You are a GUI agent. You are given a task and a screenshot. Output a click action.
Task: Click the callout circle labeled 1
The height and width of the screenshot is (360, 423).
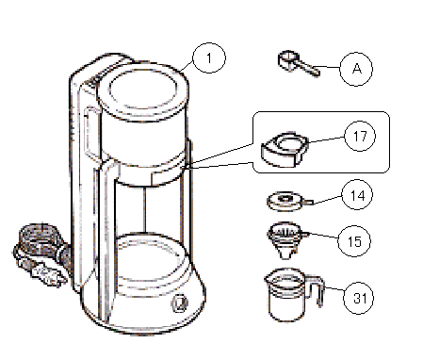pos(209,58)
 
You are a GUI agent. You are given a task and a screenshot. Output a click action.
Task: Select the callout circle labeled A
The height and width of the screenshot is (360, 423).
pos(356,69)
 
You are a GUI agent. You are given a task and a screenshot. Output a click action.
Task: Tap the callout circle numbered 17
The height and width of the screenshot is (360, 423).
pos(360,136)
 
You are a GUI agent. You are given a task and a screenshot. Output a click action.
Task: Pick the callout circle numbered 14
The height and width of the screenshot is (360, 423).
pos(357,195)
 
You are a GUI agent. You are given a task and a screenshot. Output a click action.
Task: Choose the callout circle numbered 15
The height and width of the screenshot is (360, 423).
pos(354,241)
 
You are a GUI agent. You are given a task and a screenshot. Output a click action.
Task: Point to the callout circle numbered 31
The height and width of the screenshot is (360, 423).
pos(359,298)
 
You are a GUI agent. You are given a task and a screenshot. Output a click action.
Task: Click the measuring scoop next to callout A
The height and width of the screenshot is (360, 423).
pos(299,64)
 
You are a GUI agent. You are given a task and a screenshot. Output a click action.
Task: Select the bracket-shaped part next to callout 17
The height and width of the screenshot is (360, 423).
pos(285,150)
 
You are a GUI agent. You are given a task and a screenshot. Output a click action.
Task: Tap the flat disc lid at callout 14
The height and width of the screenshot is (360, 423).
pos(289,201)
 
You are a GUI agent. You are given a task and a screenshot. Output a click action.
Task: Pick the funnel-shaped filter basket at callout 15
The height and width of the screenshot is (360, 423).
pos(287,240)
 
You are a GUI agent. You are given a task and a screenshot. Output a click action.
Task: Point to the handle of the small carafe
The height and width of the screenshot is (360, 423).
pos(317,290)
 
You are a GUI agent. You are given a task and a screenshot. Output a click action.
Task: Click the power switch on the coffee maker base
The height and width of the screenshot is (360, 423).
pos(179,303)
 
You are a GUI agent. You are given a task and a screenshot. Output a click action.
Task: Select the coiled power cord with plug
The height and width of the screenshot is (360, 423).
pos(41,254)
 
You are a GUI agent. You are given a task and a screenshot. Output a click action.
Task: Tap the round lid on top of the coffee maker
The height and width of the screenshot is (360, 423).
pos(143,90)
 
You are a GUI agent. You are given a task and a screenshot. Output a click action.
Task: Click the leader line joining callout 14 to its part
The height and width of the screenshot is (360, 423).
pos(328,200)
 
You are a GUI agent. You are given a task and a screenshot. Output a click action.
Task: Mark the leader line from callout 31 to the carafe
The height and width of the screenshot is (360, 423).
pos(334,288)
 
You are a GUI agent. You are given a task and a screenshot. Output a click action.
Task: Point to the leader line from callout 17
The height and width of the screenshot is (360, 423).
pos(327,139)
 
